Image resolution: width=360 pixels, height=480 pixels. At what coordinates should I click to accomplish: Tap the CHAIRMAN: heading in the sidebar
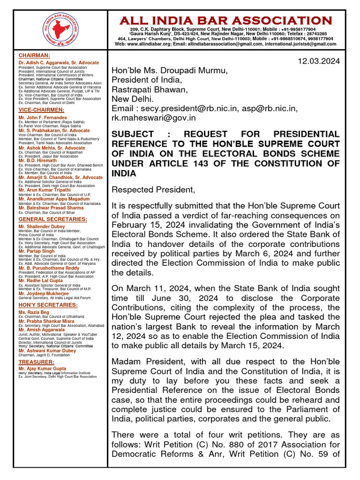coord(34,55)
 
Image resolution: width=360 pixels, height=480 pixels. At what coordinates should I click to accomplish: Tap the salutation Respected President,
coord(153,189)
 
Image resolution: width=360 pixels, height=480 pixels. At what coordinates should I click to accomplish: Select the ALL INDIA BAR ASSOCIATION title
coord(225,21)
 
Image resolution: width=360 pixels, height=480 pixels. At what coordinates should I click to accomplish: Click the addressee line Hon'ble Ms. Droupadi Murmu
coord(169,71)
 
